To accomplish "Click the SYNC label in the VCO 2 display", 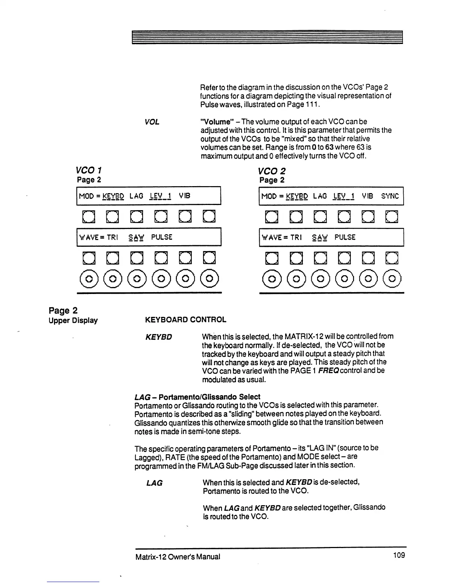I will coord(390,196).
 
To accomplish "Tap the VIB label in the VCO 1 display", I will coord(184,196).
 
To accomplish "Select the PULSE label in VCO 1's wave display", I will coord(162,237).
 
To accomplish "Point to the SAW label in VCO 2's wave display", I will coord(320,237).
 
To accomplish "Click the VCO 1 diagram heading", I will coord(89,170).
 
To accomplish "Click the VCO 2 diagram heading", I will coord(272,171).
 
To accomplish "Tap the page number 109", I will coord(399,555).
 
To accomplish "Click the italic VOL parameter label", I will coord(152,122).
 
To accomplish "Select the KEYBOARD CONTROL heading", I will coord(186,320).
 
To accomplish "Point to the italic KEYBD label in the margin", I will coord(159,337).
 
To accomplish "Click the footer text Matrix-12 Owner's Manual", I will coord(178,557).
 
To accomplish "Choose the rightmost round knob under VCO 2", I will coord(392,278).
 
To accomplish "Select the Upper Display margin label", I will coord(73,321).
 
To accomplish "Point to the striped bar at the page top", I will coord(267,37).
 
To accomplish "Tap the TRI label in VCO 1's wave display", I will coord(112,237).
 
